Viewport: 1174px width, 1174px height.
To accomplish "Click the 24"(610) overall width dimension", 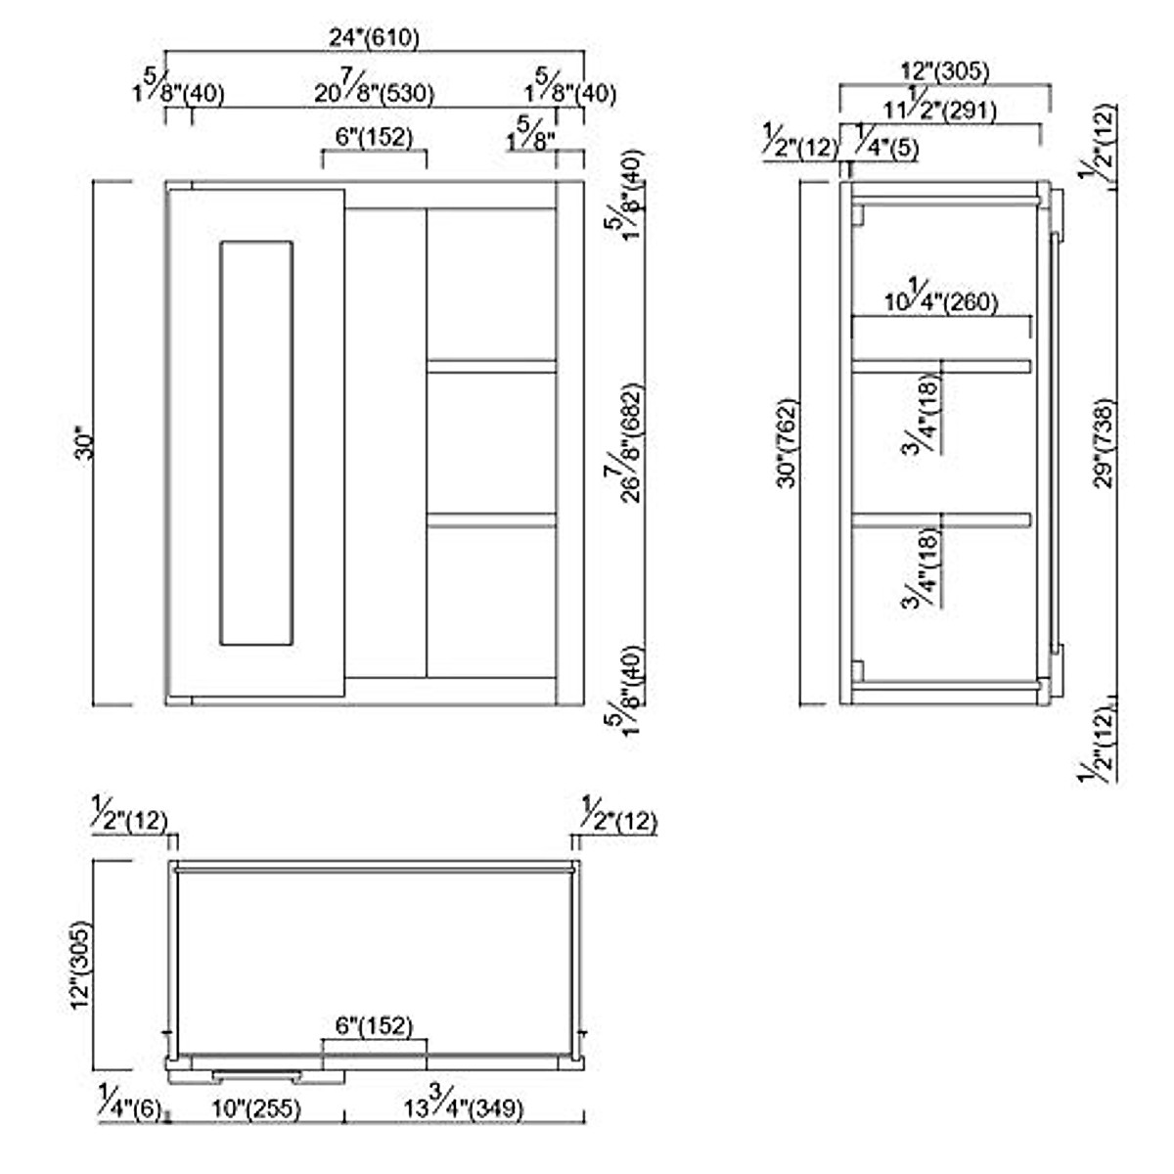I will point(374,38).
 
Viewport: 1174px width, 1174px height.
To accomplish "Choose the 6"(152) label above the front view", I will point(374,137).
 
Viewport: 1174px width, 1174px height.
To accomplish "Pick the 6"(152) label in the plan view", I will point(374,1026).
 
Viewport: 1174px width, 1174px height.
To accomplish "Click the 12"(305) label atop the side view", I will point(944,71).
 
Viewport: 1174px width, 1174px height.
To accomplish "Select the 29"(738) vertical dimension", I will point(1104,442).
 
